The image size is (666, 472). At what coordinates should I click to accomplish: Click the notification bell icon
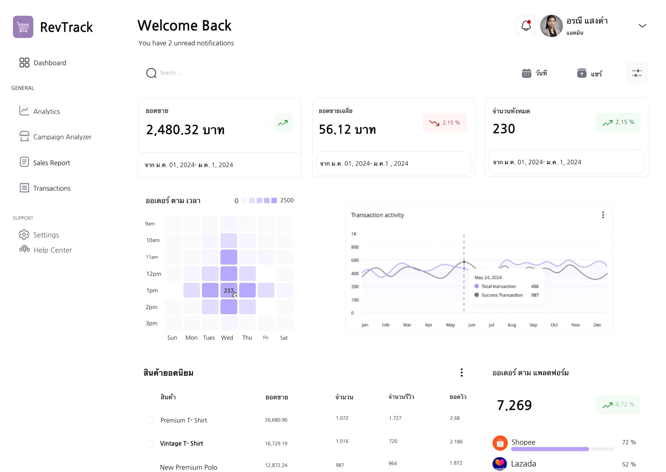tap(526, 26)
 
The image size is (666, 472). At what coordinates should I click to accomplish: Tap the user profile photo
tap(551, 26)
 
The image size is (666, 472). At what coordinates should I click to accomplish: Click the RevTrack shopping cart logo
tap(23, 27)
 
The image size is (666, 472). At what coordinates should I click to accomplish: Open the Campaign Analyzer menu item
tap(62, 137)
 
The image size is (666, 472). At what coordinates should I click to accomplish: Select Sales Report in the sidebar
tap(52, 163)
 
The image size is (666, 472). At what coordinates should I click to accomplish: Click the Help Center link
tap(53, 250)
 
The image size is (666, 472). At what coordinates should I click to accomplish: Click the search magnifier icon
tap(151, 73)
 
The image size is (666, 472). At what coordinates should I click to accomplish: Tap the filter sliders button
tap(636, 73)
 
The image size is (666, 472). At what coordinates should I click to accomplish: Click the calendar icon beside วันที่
tap(526, 73)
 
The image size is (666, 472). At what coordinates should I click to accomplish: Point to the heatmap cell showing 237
tap(229, 290)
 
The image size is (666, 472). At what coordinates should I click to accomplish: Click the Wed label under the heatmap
tap(227, 338)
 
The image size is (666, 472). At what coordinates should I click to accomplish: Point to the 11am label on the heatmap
tap(152, 257)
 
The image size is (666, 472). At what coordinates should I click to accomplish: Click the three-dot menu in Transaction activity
tap(603, 215)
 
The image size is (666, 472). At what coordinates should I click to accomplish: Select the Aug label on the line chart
tap(511, 325)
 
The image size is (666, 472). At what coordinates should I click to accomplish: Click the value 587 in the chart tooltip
tap(535, 295)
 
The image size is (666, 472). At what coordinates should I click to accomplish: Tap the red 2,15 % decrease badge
tap(445, 123)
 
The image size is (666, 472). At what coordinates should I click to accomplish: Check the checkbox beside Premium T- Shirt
tap(150, 420)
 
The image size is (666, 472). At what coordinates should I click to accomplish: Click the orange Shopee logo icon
tap(500, 443)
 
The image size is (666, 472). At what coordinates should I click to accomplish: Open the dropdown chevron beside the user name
tap(642, 26)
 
